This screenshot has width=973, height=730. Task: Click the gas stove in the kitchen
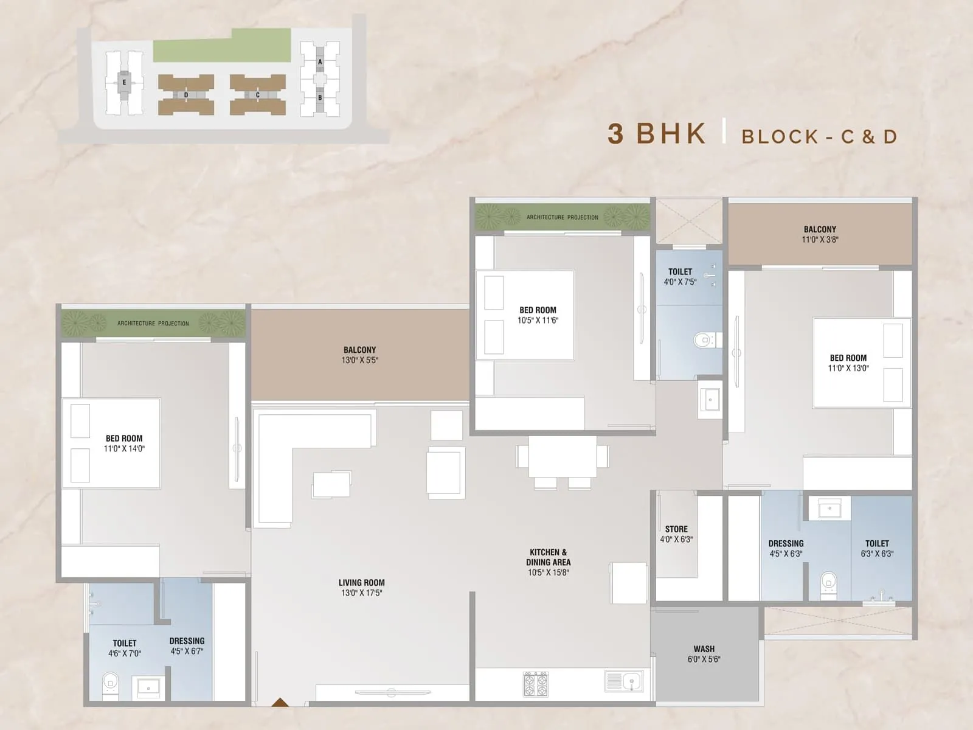(535, 684)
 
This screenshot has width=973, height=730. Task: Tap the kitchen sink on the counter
(624, 681)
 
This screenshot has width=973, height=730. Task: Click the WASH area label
(704, 649)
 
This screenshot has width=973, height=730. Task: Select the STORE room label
(676, 529)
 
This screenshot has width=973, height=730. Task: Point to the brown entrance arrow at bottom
(280, 703)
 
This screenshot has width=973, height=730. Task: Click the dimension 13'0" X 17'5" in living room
(361, 593)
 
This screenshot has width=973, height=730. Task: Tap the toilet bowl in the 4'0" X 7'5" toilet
(704, 339)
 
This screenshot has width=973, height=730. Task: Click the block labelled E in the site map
(124, 82)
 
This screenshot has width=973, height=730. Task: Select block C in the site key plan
(257, 95)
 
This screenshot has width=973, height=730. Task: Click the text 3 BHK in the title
(657, 134)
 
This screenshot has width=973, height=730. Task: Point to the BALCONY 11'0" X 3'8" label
(820, 234)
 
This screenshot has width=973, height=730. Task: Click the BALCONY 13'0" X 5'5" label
(359, 355)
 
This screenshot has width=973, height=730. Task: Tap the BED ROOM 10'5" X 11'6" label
(538, 315)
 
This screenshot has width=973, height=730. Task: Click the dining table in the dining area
(563, 456)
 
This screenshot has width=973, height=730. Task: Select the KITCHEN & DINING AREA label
(548, 557)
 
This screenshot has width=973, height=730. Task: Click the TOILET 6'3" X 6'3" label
(877, 548)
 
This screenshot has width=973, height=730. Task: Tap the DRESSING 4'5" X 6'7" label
(187, 645)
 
